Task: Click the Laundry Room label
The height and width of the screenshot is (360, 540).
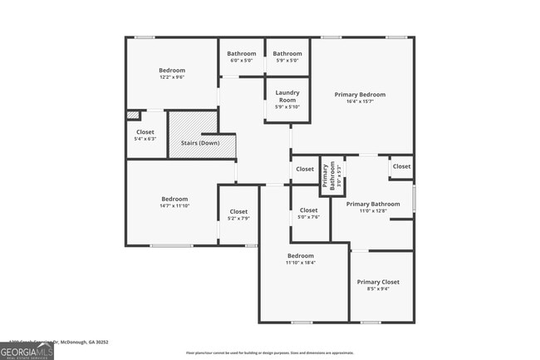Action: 287,95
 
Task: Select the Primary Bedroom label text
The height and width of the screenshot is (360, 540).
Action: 360,95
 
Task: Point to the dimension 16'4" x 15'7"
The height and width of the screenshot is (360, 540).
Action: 360,102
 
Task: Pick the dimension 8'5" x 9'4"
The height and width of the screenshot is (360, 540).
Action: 378,289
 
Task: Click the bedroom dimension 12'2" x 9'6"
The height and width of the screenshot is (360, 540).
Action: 172,78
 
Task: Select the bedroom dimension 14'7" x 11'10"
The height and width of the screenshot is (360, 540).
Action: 174,206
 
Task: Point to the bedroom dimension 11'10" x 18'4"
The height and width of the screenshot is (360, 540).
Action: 301,263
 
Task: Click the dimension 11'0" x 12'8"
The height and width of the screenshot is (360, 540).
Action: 373,211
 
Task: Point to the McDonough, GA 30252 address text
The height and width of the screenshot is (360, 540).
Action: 83,342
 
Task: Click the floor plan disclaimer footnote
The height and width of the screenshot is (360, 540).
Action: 271,353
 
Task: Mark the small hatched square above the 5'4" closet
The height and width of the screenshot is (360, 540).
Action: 133,116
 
